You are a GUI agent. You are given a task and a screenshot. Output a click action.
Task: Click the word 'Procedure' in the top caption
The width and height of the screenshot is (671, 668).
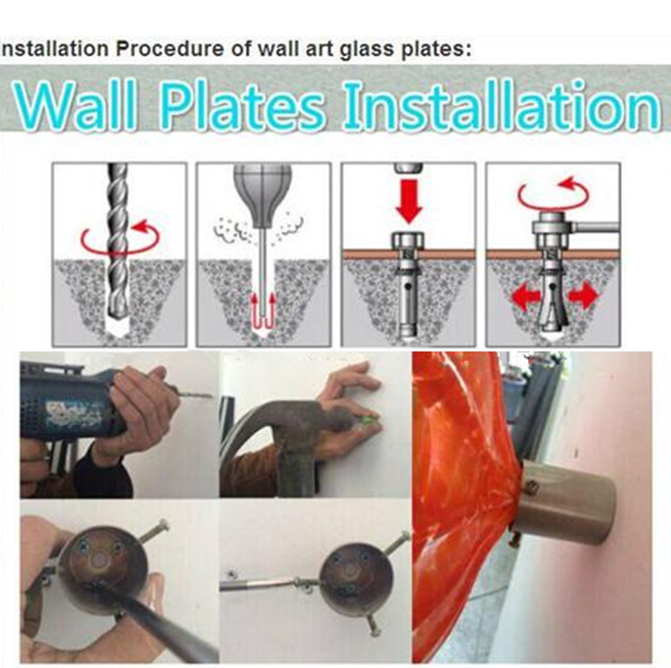point(169,49)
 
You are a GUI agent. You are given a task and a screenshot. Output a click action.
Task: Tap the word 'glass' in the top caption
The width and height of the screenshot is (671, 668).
point(368,49)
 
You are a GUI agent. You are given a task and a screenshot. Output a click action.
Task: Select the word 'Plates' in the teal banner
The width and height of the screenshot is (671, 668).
point(242,105)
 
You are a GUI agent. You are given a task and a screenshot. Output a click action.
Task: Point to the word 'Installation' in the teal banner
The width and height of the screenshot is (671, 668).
point(502,105)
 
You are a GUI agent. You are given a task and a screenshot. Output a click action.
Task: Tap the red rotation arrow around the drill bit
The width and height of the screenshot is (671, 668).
point(120,237)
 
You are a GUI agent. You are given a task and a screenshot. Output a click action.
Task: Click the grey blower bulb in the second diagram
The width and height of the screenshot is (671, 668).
point(262,194)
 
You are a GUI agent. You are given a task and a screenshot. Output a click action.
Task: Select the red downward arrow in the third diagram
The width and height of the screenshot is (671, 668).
point(409,199)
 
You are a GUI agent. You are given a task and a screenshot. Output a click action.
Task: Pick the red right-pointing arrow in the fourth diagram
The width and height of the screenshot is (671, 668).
point(582,295)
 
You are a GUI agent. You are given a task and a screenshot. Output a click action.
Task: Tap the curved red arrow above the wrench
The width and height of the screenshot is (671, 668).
point(553,195)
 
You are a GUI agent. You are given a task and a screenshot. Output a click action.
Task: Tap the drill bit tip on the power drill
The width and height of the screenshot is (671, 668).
point(210,396)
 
